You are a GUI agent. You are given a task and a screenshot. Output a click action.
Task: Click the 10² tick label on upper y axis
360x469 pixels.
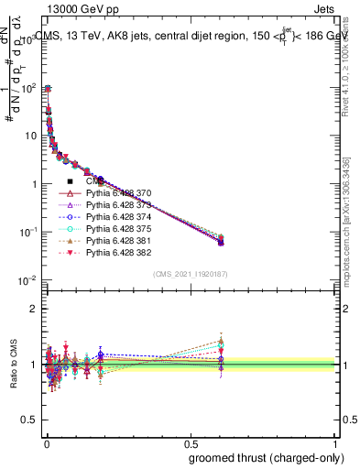pos(27,89)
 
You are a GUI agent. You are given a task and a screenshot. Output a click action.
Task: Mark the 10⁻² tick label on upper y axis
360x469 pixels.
pos(27,279)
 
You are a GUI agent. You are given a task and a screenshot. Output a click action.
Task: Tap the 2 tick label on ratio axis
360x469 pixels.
pos(33,309)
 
